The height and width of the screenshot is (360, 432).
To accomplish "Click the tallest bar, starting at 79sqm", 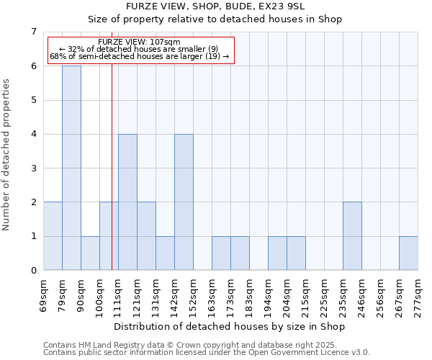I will pyautogui.click(x=71, y=168).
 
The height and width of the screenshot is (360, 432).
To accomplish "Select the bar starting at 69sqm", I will pyautogui.click(x=53, y=236).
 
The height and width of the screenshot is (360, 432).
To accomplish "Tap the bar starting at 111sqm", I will pyautogui.click(x=127, y=202).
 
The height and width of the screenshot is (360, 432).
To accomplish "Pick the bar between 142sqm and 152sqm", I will pyautogui.click(x=184, y=202).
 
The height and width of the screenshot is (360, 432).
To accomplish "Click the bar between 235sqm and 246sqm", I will pyautogui.click(x=352, y=236).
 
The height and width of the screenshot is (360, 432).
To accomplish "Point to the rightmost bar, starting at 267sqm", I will pyautogui.click(x=408, y=253).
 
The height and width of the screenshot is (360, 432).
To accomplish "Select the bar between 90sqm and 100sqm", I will pyautogui.click(x=90, y=253).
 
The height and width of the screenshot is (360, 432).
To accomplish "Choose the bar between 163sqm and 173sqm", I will pyautogui.click(x=221, y=253).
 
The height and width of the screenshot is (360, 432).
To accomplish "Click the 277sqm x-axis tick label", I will pyautogui.click(x=418, y=295).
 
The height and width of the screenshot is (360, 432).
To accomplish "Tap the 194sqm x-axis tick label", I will pyautogui.click(x=268, y=295).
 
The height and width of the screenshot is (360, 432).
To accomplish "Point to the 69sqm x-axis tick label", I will pyautogui.click(x=43, y=295).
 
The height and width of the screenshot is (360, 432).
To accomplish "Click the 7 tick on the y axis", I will pyautogui.click(x=33, y=32).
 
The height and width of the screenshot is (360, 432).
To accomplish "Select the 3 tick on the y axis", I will pyautogui.click(x=33, y=168).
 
